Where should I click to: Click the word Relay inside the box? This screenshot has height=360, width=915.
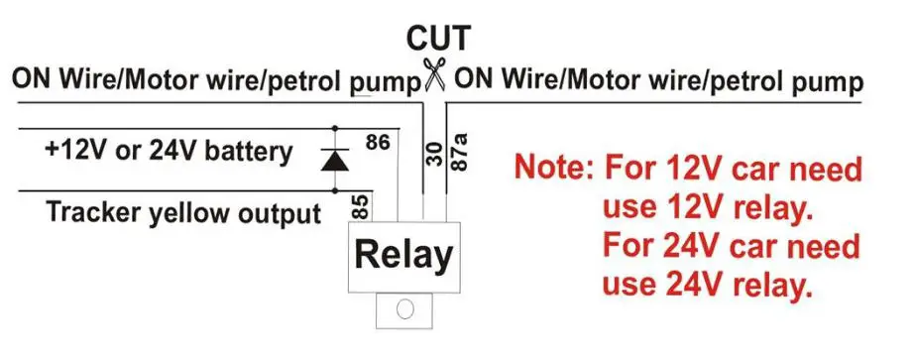[x=403, y=256]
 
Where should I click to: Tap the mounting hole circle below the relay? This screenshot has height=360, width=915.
[x=404, y=309]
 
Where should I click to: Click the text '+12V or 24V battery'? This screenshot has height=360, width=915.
[x=168, y=152]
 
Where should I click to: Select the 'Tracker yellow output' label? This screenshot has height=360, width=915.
[x=184, y=212]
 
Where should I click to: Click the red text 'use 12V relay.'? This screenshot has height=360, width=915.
[x=707, y=208]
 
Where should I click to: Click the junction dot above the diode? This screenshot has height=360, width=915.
[x=336, y=128]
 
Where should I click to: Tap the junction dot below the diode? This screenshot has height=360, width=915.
[x=336, y=190]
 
